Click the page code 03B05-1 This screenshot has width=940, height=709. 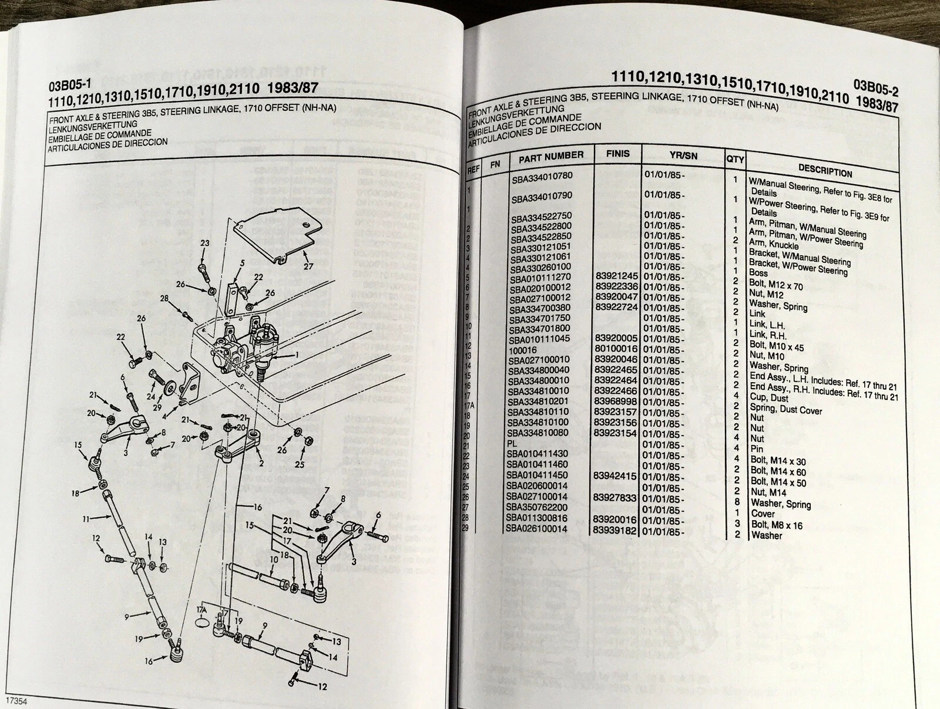pos(68,86)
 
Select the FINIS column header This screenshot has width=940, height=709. pos(617,154)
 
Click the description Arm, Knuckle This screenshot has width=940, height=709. pos(774,245)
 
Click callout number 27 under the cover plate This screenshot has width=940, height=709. pos(308,266)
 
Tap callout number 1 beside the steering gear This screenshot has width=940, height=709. pos(297,354)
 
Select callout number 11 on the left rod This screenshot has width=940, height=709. pos(86,518)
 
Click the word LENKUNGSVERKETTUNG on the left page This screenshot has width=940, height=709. pos(93,125)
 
